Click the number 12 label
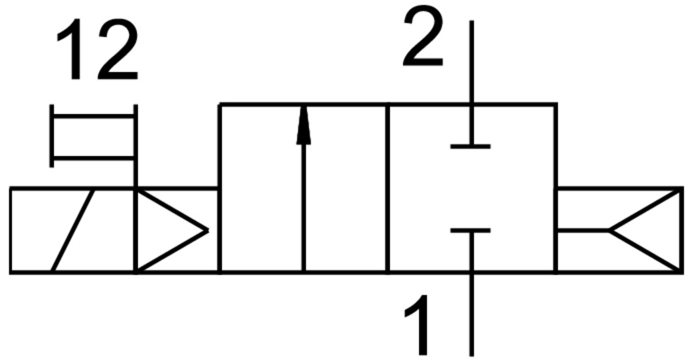click(97, 50)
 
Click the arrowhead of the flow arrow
click(303, 126)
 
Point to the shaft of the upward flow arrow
click(303, 209)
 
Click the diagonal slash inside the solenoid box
click(73, 230)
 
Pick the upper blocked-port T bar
click(470, 146)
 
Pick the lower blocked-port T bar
click(470, 231)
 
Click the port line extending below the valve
click(471, 314)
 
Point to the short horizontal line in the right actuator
click(582, 230)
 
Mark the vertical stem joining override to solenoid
click(135, 173)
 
